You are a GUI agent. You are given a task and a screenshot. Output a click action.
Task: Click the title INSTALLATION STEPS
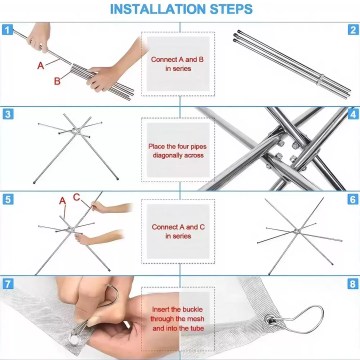pos(180,10)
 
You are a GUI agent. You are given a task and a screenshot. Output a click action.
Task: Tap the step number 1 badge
pos(8,30)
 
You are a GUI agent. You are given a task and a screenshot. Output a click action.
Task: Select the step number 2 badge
pos(352,30)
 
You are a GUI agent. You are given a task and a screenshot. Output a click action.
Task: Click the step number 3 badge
pos(8,114)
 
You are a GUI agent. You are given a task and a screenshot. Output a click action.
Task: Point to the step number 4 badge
pos(352,114)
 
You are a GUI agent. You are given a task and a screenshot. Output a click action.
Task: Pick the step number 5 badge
pos(8,199)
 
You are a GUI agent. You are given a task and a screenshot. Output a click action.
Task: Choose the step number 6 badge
pos(352,199)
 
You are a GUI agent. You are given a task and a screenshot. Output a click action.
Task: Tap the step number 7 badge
pos(8,284)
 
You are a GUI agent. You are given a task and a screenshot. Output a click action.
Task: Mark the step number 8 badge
pos(352,284)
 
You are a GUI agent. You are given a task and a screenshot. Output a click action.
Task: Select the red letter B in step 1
pos(57,79)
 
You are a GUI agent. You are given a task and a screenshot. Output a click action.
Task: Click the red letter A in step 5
pos(62,202)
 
